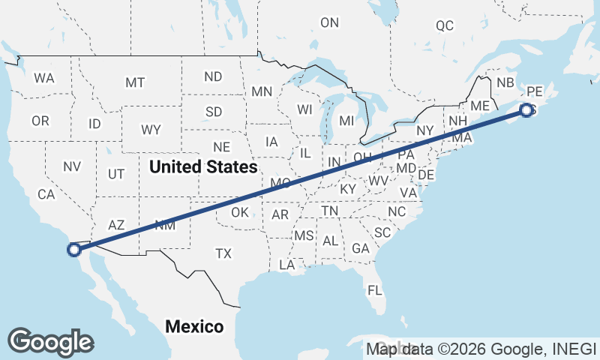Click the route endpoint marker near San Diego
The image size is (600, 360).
pyautogui.click(x=74, y=250)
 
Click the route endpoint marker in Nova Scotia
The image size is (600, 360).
pyautogui.click(x=526, y=110)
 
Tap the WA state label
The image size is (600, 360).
pyautogui.click(x=44, y=78)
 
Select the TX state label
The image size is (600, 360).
pyautogui.click(x=223, y=253)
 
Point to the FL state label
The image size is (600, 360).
pyautogui.click(x=375, y=289)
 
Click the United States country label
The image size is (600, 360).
pyautogui.click(x=203, y=166)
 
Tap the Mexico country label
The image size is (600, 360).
pyautogui.click(x=194, y=327)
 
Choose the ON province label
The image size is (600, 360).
pyautogui.click(x=330, y=23)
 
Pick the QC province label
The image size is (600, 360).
pyautogui.click(x=445, y=26)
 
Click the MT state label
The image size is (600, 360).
pyautogui.click(x=135, y=82)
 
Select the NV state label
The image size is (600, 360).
pyautogui.click(x=72, y=166)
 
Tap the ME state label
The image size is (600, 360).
pyautogui.click(x=480, y=106)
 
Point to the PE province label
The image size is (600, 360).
pyautogui.click(x=534, y=91)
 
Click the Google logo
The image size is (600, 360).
pyautogui.click(x=50, y=342)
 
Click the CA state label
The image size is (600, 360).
pyautogui.click(x=46, y=194)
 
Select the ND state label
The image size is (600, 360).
pyautogui.click(x=214, y=76)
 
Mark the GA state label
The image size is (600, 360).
pyautogui.click(x=361, y=248)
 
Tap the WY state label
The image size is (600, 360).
pyautogui.click(x=151, y=130)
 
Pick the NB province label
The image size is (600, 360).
pyautogui.click(x=505, y=82)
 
